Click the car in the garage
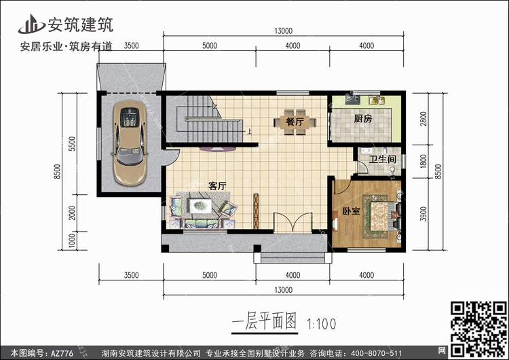[x=130, y=143]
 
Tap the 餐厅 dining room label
[x=295, y=122]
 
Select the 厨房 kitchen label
[x=363, y=119]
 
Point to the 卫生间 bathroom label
[x=382, y=159]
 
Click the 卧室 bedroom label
[x=352, y=211]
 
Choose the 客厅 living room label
[x=217, y=186]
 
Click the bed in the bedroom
[x=383, y=216]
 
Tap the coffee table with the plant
[x=201, y=206]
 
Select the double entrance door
[x=293, y=223]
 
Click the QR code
[x=478, y=329]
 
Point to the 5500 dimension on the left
[x=72, y=143]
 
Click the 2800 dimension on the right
[x=423, y=119]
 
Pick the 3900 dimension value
[x=423, y=214]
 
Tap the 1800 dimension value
[x=423, y=161]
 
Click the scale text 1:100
[x=322, y=324]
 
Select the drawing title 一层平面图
[x=264, y=321]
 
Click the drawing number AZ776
[x=62, y=353]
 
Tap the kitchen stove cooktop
[x=352, y=100]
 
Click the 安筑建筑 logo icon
[x=31, y=24]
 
